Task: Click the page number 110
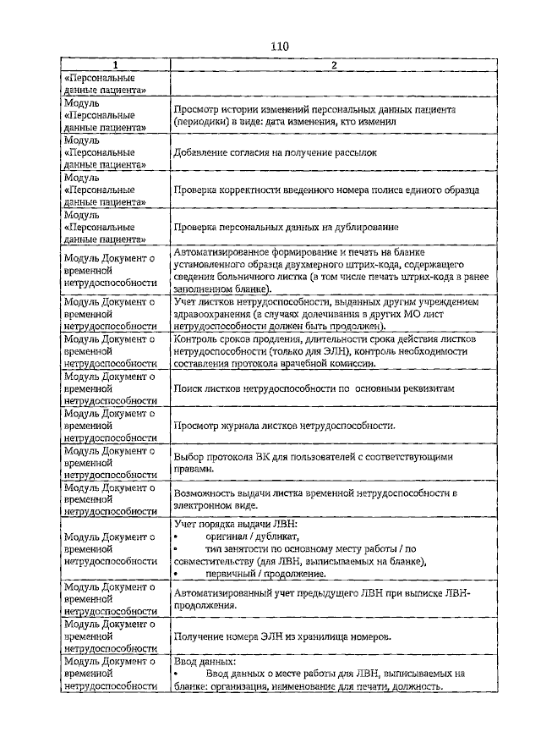280,47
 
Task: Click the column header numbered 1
116,66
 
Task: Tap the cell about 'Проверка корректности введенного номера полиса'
326,190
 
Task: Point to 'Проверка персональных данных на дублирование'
286,228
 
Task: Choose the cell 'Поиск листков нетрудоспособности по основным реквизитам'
314,388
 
